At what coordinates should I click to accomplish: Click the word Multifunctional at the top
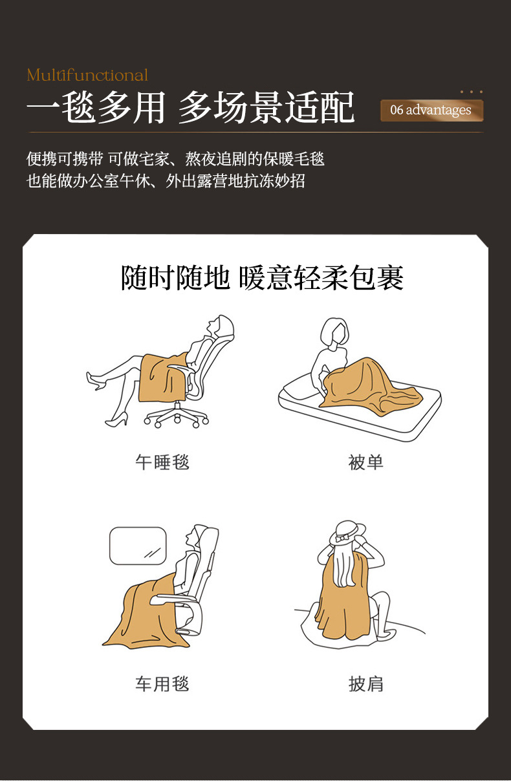coord(87,75)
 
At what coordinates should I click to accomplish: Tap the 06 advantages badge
coord(431,110)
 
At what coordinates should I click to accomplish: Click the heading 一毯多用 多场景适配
coord(191,107)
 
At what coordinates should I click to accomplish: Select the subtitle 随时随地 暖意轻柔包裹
coord(263,278)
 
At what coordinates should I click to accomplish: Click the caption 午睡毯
coord(162,462)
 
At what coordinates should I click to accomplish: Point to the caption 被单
coord(366,462)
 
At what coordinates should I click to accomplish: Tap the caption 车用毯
coord(162,684)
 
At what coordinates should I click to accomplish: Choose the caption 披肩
coord(366,684)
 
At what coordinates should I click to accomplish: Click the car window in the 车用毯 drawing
coord(138,546)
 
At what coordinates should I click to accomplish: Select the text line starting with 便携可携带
coord(175,158)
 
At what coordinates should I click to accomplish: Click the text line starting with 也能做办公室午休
coord(166,181)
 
